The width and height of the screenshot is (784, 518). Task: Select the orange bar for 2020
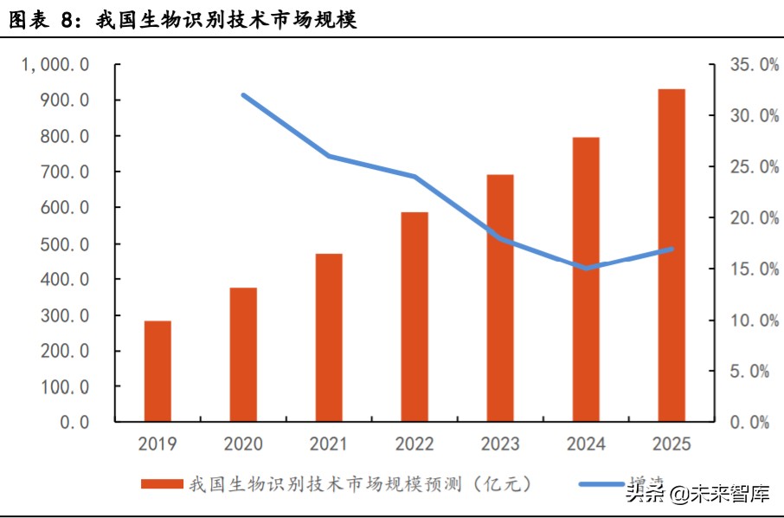(243, 354)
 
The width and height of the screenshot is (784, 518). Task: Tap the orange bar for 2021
(329, 337)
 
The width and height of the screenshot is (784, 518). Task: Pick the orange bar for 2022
(414, 316)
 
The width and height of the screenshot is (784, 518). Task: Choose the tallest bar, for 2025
(672, 255)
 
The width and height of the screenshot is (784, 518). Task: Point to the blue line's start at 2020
(244, 95)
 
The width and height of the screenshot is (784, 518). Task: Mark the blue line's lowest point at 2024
(586, 268)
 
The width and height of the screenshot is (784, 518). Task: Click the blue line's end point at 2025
(672, 249)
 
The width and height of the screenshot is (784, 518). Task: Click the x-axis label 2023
(499, 444)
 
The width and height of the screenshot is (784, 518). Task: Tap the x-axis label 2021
(329, 444)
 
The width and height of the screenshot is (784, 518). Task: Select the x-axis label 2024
(586, 444)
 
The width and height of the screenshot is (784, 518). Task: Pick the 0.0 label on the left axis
(74, 422)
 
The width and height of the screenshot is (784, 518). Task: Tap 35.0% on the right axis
(742, 65)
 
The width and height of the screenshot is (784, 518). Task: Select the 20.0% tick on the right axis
(742, 217)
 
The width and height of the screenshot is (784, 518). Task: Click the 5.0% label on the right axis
(746, 371)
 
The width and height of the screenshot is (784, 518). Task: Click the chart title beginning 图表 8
(183, 19)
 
